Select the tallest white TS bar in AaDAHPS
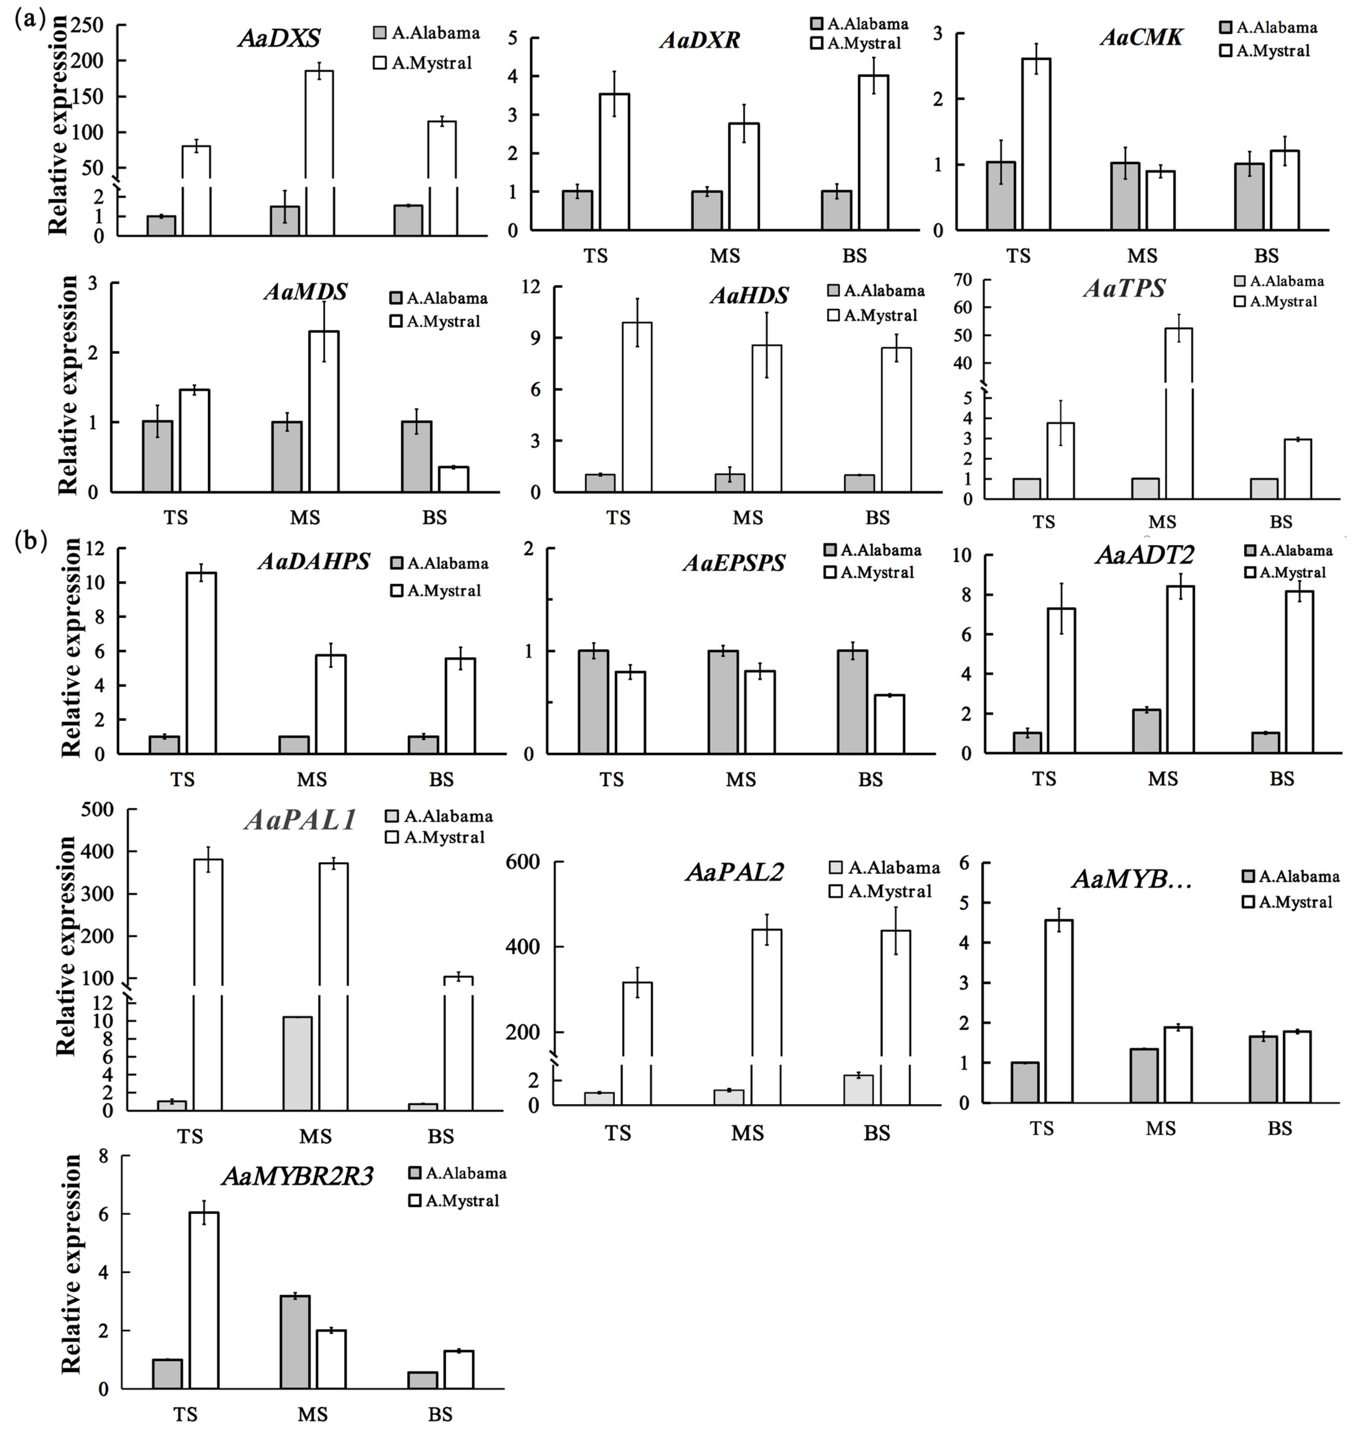coord(201,663)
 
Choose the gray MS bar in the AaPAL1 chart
coord(298,1063)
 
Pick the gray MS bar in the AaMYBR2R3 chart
coord(295,1342)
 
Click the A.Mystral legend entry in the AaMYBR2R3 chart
coord(454,1201)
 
